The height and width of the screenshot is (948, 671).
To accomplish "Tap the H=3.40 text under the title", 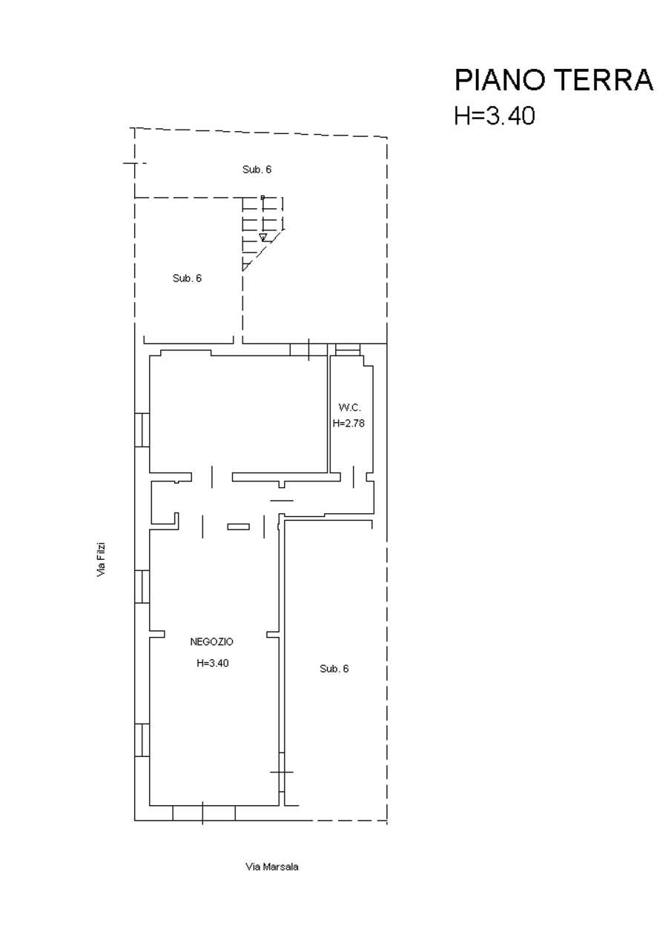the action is pos(495,115).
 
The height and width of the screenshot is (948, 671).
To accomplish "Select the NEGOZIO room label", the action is pos(211,641).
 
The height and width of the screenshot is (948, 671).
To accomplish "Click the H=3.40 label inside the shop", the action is pos(213,663).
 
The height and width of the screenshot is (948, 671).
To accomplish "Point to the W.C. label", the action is pos(349,407).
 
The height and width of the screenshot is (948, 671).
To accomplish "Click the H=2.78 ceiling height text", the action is pos(348,423).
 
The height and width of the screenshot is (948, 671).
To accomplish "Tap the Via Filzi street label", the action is pos(101,559).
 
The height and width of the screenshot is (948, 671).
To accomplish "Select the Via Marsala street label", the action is pos(272,867).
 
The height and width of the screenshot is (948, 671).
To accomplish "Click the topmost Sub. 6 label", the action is pos(257,170).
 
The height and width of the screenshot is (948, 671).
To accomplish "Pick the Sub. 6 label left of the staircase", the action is pos(187,278).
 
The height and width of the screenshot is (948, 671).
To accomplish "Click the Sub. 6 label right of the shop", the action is pos(334,669).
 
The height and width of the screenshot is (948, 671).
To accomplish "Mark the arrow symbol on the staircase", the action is pos(263,236).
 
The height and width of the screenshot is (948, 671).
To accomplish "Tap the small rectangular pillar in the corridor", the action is pos(239,527).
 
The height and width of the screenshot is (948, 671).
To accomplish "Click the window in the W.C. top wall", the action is pos(348,349).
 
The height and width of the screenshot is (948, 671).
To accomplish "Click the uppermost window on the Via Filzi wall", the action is pos(142,430).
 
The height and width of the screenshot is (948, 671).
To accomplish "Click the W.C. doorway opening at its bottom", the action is pos(354,477).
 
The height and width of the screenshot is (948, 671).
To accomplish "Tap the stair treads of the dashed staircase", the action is pos(262,233).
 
